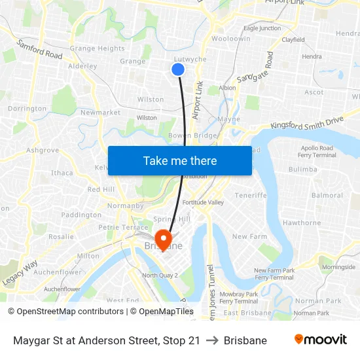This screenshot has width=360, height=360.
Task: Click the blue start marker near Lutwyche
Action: click(177, 69)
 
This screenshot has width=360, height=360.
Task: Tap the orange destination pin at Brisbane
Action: click(161, 240)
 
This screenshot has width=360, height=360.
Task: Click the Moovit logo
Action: click(320, 340)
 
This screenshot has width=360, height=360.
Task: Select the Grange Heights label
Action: click(97, 48)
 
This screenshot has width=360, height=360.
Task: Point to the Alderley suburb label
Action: click(82, 66)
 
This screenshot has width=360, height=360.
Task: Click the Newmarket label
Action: click(99, 113)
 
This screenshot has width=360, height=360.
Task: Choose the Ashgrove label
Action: click(43, 150)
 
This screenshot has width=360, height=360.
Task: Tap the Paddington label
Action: click(81, 215)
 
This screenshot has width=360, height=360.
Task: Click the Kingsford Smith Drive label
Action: click(306, 122)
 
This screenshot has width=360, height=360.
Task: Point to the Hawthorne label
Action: click(301, 223)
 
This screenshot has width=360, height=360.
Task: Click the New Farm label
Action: click(249, 236)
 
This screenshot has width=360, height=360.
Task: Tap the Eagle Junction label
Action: click(262, 28)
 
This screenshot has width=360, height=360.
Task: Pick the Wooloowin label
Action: click(230, 39)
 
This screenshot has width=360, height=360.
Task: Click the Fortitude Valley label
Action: click(203, 202)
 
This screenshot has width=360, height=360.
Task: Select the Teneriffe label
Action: click(251, 195)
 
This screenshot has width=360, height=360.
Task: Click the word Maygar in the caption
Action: click(32, 340)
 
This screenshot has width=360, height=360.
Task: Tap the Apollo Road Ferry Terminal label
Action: click(317, 152)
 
